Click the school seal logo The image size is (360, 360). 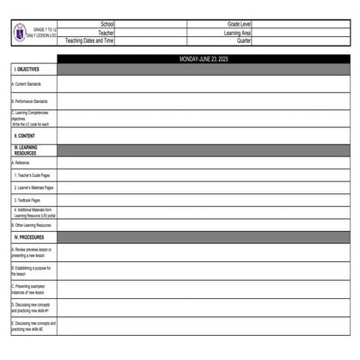(x=21, y=33)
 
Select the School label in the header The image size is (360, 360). (x=107, y=25)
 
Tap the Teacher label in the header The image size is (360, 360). (x=106, y=33)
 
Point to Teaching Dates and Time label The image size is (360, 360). (x=89, y=40)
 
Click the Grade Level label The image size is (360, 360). (x=239, y=25)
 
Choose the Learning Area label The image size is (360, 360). (x=236, y=33)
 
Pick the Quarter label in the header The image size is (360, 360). (x=244, y=40)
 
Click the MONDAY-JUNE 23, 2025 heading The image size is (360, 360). (x=204, y=59)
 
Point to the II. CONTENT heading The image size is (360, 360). (x=25, y=136)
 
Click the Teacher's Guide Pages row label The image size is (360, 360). (x=38, y=174)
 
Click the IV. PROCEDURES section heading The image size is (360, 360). (x=29, y=236)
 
